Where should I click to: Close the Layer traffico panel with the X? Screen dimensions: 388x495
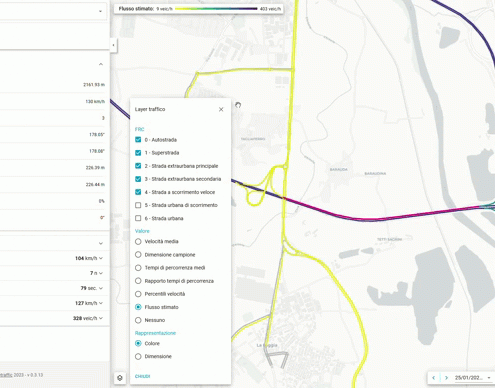pyautogui.click(x=221, y=109)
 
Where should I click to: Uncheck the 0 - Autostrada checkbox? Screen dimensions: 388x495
pyautogui.click(x=138, y=140)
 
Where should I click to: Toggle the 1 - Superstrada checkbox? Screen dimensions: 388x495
pyautogui.click(x=138, y=153)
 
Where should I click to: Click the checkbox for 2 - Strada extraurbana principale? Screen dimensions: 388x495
pyautogui.click(x=138, y=166)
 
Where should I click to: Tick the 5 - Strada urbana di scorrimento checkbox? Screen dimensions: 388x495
pyautogui.click(x=138, y=205)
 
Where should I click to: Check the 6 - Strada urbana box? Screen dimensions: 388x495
pyautogui.click(x=138, y=218)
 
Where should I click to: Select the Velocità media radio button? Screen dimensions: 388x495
pyautogui.click(x=138, y=241)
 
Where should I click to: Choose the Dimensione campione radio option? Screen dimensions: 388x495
pyautogui.click(x=138, y=254)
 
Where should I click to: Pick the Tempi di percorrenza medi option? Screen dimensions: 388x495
pyautogui.click(x=138, y=267)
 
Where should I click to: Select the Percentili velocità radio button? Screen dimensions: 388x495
pyautogui.click(x=138, y=294)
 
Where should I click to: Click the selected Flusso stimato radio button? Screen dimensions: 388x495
pyautogui.click(x=138, y=307)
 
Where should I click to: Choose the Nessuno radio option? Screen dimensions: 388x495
pyautogui.click(x=138, y=320)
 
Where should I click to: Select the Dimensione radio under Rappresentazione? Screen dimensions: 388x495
pyautogui.click(x=138, y=356)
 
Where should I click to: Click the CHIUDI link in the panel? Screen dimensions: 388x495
pyautogui.click(x=143, y=376)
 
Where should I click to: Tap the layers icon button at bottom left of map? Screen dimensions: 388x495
pyautogui.click(x=120, y=378)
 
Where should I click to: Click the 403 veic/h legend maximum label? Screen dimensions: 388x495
pyautogui.click(x=270, y=9)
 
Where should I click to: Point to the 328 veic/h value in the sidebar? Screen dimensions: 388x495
pyautogui.click(x=85, y=318)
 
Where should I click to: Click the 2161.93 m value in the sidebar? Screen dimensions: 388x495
pyautogui.click(x=93, y=85)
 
